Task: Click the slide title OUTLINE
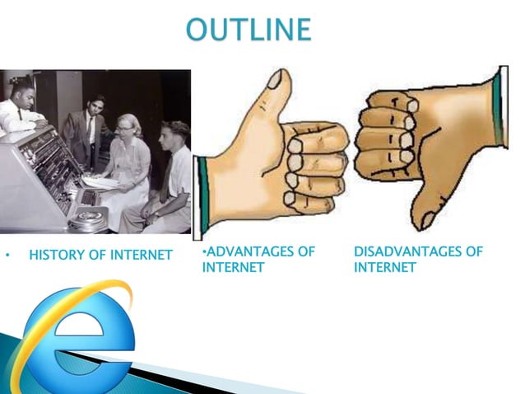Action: pyautogui.click(x=249, y=30)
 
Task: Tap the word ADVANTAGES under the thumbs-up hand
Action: pyautogui.click(x=245, y=251)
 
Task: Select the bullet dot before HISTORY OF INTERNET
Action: pyautogui.click(x=7, y=256)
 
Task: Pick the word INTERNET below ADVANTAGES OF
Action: pyautogui.click(x=233, y=268)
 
